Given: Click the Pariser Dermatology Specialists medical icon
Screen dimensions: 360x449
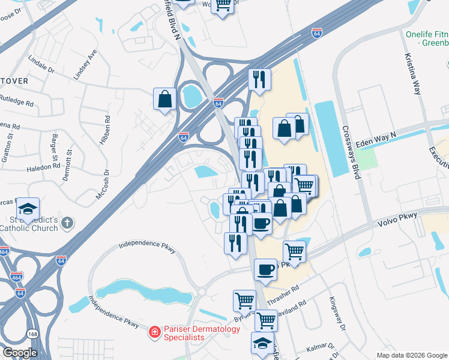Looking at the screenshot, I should [x=154, y=331].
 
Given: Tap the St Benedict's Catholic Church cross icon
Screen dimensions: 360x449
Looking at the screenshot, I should [x=67, y=223].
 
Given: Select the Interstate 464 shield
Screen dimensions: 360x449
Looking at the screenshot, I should [x=16, y=277].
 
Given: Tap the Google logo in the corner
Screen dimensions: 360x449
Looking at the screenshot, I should [x=20, y=353].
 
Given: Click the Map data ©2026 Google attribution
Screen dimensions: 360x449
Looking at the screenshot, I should [x=411, y=355].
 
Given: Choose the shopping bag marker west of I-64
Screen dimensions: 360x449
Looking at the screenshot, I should [x=164, y=100].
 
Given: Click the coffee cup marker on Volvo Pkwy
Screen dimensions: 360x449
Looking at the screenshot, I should [x=265, y=269].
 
